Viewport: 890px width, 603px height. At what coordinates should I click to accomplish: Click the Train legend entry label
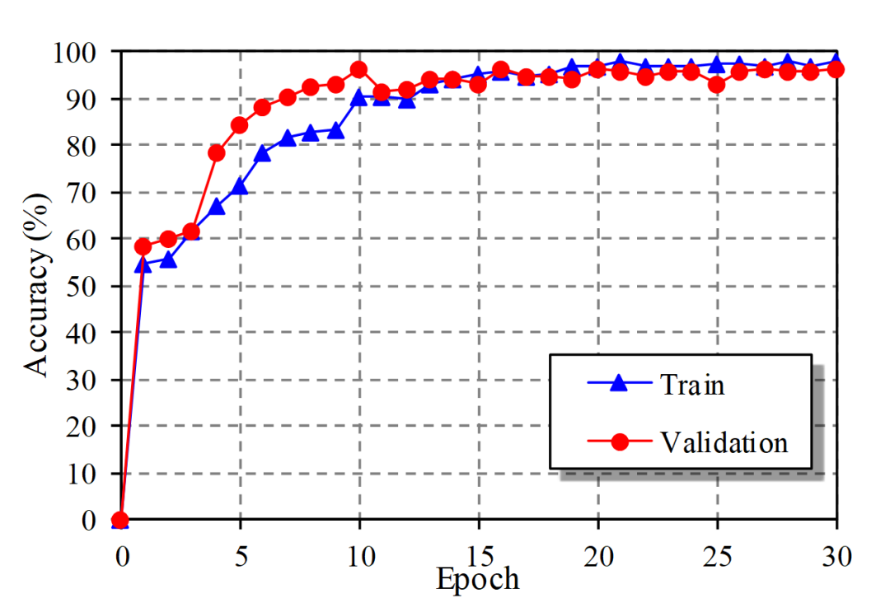691,384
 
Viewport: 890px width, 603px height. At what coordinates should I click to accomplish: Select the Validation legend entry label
724,442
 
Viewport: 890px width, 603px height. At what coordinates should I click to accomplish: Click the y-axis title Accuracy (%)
38,285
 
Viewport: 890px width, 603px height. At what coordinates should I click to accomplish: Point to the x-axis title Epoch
477,579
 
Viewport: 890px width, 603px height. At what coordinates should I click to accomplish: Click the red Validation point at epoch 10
358,70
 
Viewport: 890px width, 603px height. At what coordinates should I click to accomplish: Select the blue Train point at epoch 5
240,186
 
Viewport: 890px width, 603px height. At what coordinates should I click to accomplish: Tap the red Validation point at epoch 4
217,152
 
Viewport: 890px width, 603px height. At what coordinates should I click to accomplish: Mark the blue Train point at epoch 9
335,130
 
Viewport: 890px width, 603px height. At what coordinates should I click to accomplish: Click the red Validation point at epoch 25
716,84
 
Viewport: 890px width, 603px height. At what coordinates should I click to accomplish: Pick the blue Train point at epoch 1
143,264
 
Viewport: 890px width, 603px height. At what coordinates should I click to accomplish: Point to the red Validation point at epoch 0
120,520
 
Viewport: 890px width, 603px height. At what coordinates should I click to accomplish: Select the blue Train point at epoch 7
288,138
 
